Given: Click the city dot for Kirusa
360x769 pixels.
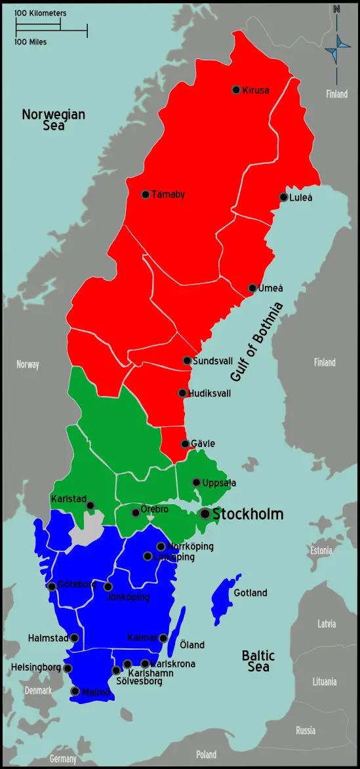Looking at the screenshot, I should (x=236, y=90).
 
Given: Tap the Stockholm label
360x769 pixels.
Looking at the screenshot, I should (x=248, y=514).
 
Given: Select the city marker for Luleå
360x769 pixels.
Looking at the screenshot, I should (x=283, y=197).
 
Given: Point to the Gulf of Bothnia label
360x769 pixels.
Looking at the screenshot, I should (x=256, y=342).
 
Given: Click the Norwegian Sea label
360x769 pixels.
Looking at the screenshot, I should (x=54, y=120).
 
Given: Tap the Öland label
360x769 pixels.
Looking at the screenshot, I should (x=192, y=645).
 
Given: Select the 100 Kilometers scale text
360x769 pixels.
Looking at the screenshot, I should (x=40, y=13).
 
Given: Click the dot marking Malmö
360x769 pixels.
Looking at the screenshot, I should (x=75, y=691).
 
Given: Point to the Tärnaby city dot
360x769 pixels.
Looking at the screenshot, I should (x=146, y=195).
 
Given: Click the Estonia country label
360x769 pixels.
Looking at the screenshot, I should (x=321, y=550).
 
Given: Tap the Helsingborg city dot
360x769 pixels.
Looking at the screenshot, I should (x=68, y=668).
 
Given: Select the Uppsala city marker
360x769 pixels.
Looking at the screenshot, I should (x=196, y=483).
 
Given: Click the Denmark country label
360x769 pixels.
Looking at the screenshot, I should (x=38, y=690).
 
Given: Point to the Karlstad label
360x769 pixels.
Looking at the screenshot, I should (x=69, y=499).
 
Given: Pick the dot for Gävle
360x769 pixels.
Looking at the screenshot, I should (x=185, y=444).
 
